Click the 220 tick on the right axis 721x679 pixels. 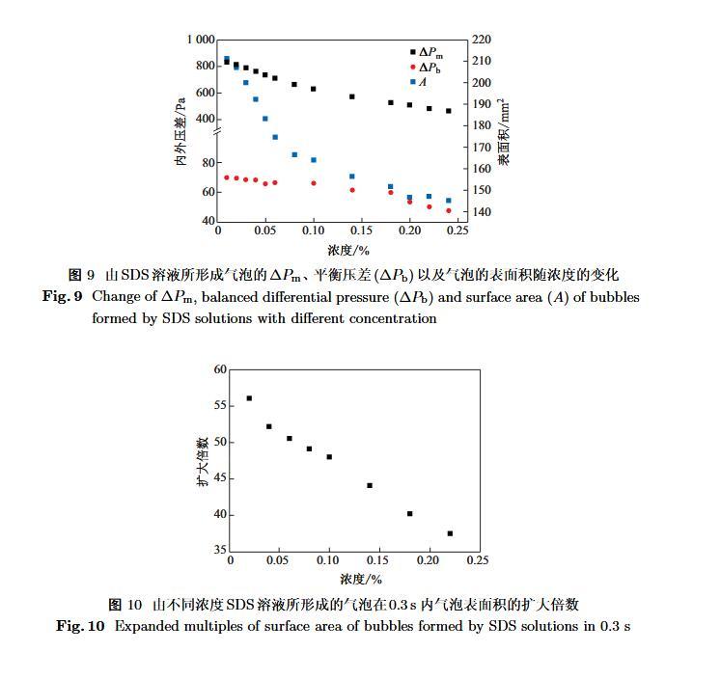click(482, 40)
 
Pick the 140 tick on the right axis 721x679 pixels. click(482, 212)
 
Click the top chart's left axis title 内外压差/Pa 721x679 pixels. click(180, 131)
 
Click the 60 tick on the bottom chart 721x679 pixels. click(220, 369)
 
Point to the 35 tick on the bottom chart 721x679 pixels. click(220, 550)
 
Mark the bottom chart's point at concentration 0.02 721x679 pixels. click(249, 398)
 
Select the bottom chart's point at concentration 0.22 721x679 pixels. click(450, 533)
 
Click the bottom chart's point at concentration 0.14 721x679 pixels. click(370, 485)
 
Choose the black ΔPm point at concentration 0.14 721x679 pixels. click(352, 96)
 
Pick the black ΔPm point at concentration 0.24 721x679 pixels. click(449, 111)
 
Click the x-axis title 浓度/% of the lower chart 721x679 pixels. click(361, 580)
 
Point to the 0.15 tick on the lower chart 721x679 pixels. click(378, 560)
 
